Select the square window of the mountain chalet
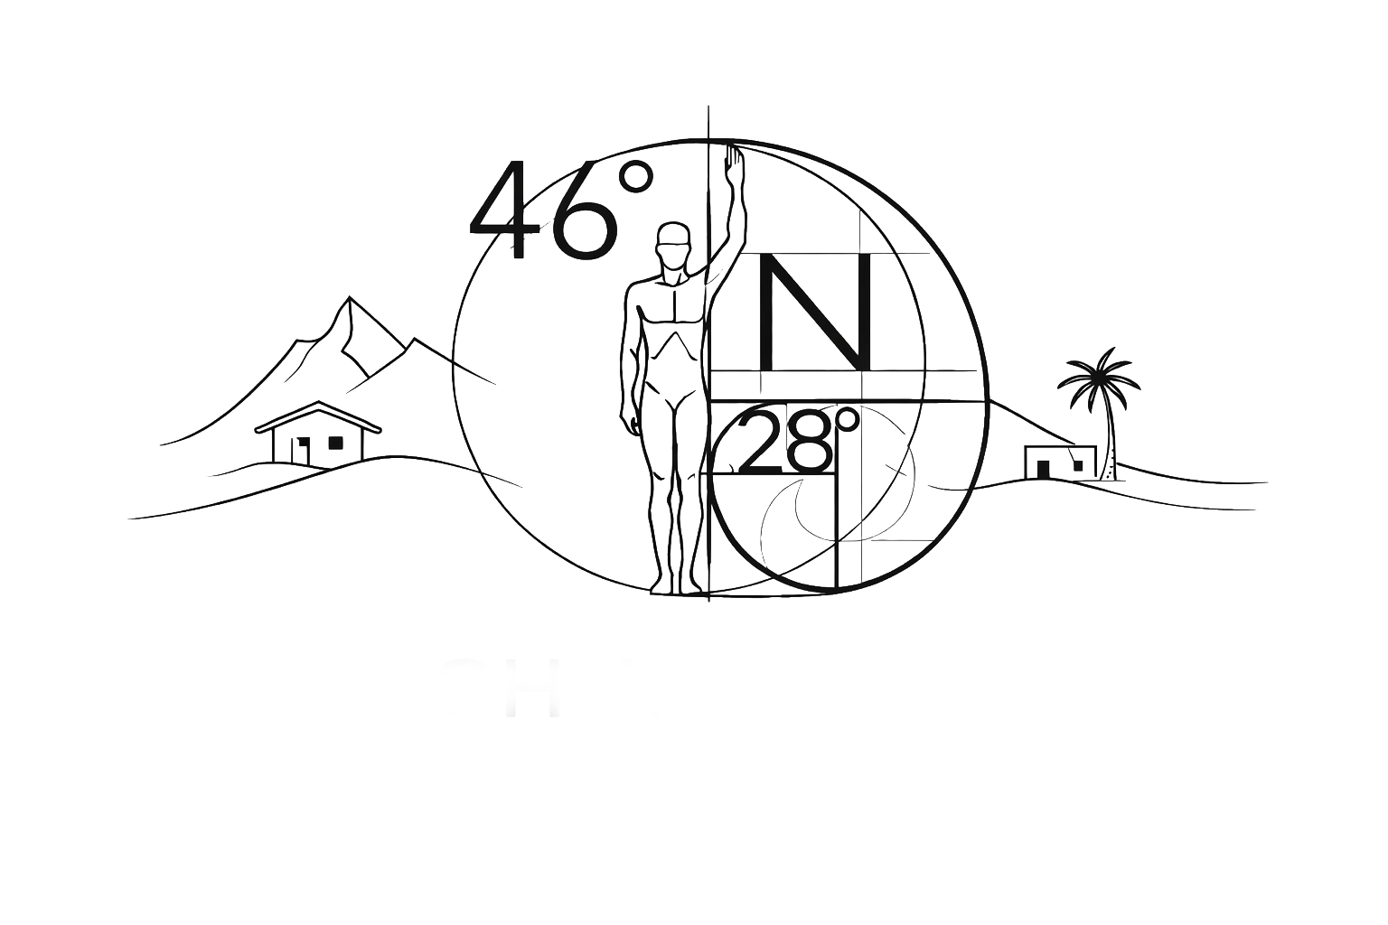(336, 443)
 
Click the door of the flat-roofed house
(1045, 467)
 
